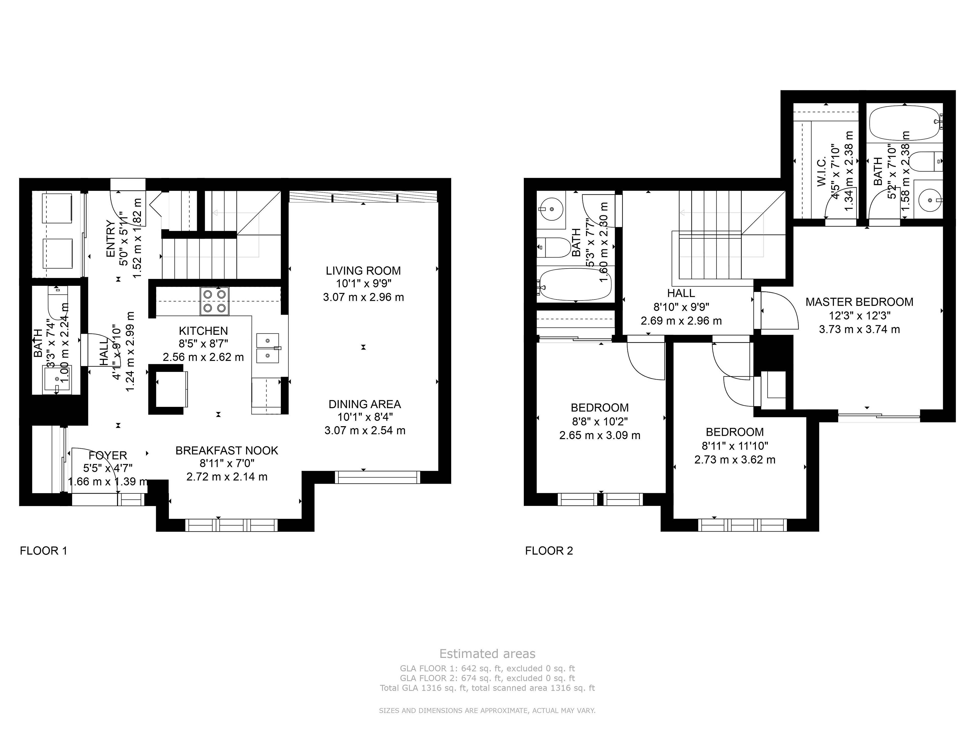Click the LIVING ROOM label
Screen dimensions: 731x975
point(363,271)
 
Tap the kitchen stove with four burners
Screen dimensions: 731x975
point(215,301)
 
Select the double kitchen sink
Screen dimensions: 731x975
point(268,348)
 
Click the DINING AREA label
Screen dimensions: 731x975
point(365,404)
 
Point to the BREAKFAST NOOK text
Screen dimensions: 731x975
point(226,450)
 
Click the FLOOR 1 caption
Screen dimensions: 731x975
point(43,551)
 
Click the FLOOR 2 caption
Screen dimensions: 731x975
point(549,551)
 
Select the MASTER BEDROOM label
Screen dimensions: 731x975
point(859,302)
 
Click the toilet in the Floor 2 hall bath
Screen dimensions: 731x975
point(554,248)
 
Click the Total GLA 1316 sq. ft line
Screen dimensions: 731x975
point(487,688)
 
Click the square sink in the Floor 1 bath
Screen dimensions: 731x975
point(57,379)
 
